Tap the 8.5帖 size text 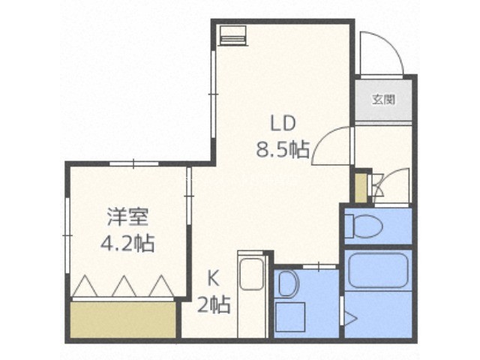pyautogui.click(x=282, y=149)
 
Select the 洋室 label pyautogui.click(x=127, y=217)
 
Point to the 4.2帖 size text pyautogui.click(x=127, y=243)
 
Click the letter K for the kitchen pyautogui.click(x=213, y=278)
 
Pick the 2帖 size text pyautogui.click(x=214, y=305)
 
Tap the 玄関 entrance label pyautogui.click(x=383, y=100)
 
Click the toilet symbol pyautogui.click(x=364, y=226)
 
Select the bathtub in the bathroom pyautogui.click(x=378, y=270)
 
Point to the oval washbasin pyautogui.click(x=286, y=283)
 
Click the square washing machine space pyautogui.click(x=290, y=317)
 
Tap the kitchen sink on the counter pyautogui.click(x=252, y=274)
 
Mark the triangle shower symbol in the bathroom pyautogui.click(x=350, y=319)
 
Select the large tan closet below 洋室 pyautogui.click(x=123, y=319)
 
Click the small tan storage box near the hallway pyautogui.click(x=361, y=187)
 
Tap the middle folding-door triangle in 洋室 pyautogui.click(x=124, y=286)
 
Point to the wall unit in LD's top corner pyautogui.click(x=232, y=35)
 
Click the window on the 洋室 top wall pyautogui.click(x=134, y=163)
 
